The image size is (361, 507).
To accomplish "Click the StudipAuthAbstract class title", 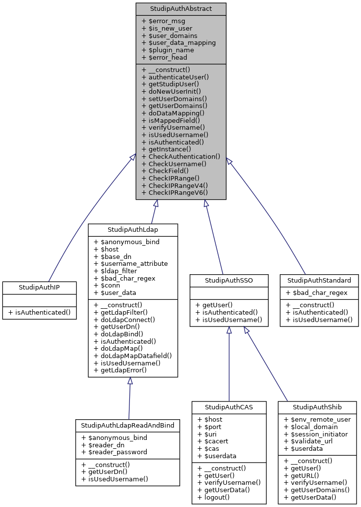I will (181, 8).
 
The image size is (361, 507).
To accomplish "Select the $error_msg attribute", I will (164, 21).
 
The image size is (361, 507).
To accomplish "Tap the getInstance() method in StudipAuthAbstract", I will (166, 148).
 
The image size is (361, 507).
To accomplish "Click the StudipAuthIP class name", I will (40, 287).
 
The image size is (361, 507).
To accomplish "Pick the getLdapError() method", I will (120, 370).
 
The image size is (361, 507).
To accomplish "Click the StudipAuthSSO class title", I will (229, 280).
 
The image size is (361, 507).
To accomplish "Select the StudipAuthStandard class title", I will (319, 280).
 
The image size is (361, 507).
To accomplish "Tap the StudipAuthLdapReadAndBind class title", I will (127, 425).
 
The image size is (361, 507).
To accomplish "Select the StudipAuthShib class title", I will (317, 407).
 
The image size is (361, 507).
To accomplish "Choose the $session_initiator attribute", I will (316, 434).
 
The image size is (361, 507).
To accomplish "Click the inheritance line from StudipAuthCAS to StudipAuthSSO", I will (229, 365).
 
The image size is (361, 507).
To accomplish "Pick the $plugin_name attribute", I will (167, 50).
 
